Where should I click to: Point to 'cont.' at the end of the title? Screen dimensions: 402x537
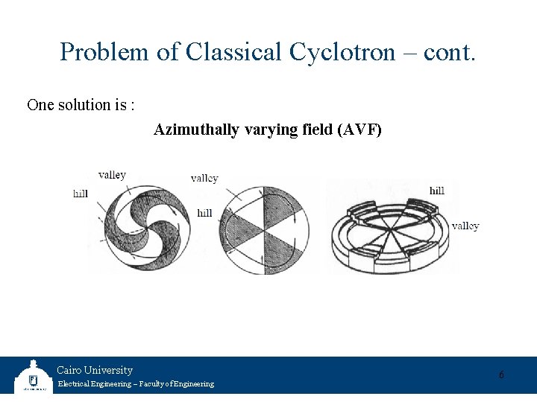[x=447, y=52]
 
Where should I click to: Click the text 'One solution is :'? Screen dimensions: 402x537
[x=81, y=105]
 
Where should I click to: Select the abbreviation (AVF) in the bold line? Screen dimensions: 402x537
[x=359, y=130]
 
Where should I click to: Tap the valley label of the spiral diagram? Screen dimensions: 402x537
[x=112, y=175]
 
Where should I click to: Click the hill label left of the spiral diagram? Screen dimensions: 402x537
[x=81, y=194]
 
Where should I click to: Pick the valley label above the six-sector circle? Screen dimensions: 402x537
[x=204, y=178]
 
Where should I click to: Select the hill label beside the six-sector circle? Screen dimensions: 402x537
[x=204, y=213]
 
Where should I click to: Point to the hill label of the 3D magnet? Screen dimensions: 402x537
[x=437, y=191]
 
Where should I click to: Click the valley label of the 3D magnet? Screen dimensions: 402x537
[x=465, y=226]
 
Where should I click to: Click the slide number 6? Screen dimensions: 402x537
[x=501, y=375]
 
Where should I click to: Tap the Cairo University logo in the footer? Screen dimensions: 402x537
[x=32, y=377]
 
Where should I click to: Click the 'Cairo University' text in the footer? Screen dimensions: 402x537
[x=95, y=370]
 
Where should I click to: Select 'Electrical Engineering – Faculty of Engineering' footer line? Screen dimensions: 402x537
[x=135, y=384]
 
